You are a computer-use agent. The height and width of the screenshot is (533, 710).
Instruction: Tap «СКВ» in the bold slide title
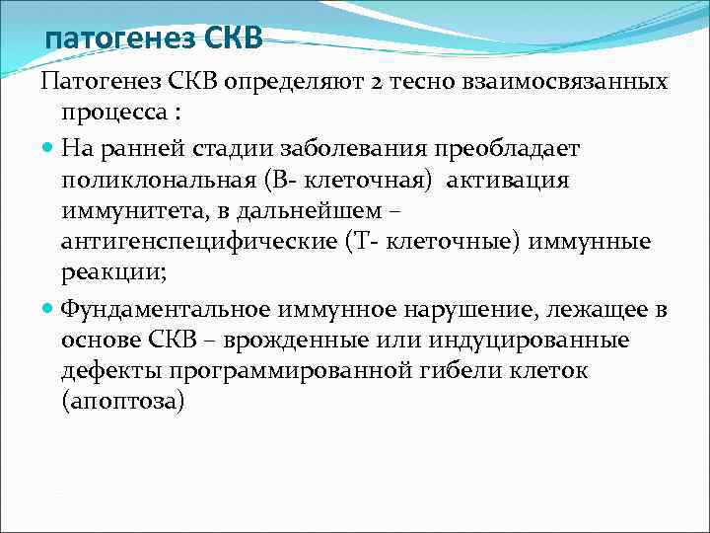coord(235,38)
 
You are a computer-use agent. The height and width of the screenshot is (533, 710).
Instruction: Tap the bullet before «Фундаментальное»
coord(49,309)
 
